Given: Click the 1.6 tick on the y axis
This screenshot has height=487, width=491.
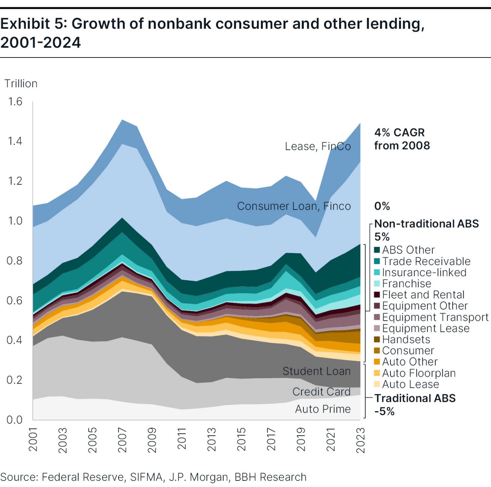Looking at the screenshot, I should click(x=15, y=102).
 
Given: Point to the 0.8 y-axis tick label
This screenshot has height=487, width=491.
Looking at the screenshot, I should click(x=15, y=261).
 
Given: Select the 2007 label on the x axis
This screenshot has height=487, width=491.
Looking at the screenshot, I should click(x=122, y=440).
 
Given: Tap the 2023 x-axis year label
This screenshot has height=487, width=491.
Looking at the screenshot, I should click(x=360, y=440).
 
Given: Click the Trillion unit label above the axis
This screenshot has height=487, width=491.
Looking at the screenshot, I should click(x=21, y=84).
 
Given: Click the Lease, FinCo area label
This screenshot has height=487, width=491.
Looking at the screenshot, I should click(x=318, y=146).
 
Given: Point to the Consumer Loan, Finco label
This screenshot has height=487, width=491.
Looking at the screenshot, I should click(x=294, y=206).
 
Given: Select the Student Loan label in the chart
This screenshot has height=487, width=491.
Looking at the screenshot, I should click(x=316, y=371).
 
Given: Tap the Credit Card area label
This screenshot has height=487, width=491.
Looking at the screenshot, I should click(x=321, y=392).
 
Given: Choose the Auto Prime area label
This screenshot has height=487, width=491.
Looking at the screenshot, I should click(x=323, y=409).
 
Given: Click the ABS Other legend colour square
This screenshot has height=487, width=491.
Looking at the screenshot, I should click(x=377, y=250).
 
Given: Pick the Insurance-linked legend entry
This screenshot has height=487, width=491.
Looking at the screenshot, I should click(x=424, y=272).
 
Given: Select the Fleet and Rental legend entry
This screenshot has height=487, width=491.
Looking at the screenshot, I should click(x=423, y=295).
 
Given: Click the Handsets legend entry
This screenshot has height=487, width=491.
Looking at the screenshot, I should click(x=406, y=339).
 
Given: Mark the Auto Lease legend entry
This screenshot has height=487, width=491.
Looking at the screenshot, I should click(x=410, y=384).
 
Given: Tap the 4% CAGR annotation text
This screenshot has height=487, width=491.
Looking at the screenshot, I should click(x=399, y=133).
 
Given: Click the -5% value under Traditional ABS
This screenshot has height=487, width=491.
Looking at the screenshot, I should click(x=384, y=412).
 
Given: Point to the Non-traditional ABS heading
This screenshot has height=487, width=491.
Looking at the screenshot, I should click(x=426, y=224).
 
